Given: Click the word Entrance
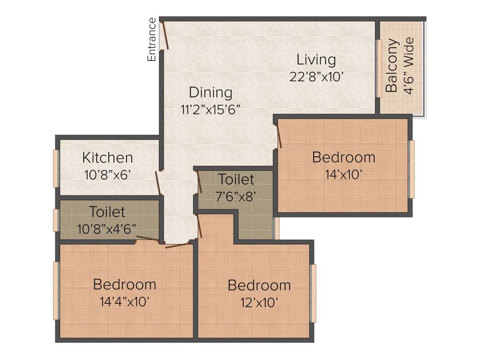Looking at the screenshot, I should pos(151,39).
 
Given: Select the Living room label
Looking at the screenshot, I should pos(316,60).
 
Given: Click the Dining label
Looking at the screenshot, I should pos(210,92).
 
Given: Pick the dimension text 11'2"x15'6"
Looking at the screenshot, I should pos(210,109).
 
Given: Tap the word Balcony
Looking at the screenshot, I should pos(392,66).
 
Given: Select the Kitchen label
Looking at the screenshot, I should pos(107,157).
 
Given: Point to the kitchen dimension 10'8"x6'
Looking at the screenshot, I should pos(107,175).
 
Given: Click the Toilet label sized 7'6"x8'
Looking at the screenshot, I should pos(236,179).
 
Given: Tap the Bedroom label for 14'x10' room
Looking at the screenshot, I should pos(344,157).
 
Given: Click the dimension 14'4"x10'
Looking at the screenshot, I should pos(125,301).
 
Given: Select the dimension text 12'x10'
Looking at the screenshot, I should pos(259,302).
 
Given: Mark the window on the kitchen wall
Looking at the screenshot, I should pos(56,168).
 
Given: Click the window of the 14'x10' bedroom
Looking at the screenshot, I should pos(412,169).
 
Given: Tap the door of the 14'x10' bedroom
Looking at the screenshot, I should pos(279,136).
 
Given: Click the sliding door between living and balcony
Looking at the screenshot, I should pos(379,68).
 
